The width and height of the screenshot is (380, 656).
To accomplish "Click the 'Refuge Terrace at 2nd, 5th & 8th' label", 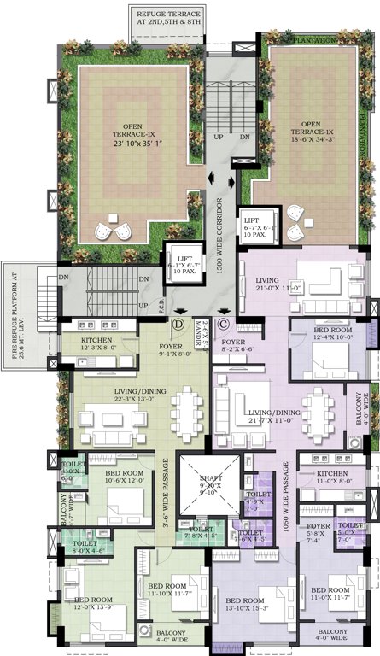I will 168,18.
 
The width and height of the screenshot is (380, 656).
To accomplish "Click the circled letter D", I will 179,323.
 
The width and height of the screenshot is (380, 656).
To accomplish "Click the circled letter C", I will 224,323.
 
